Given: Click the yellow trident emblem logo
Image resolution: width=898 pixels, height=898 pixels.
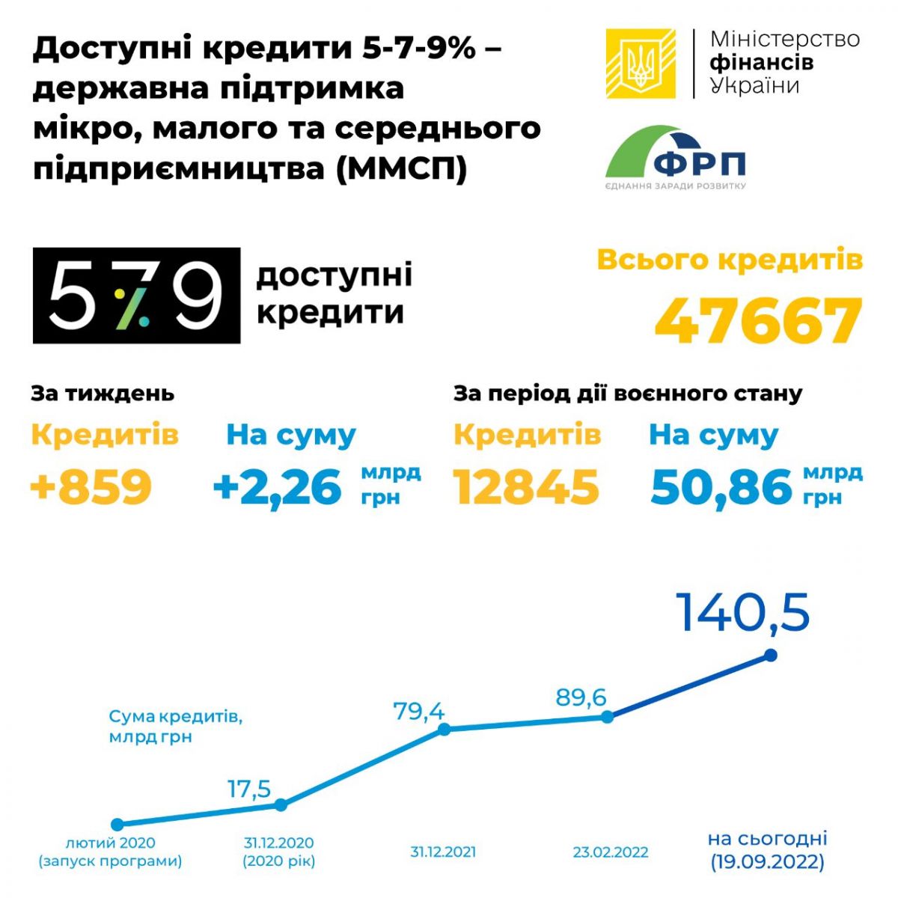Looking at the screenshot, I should [641, 64].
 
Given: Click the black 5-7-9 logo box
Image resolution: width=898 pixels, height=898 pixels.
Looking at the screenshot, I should [136, 296].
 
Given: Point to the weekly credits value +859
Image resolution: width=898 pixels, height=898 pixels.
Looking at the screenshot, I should [91, 486].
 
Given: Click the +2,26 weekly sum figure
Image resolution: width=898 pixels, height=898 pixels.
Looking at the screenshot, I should [278, 487].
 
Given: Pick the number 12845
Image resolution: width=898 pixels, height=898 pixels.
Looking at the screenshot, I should [527, 487].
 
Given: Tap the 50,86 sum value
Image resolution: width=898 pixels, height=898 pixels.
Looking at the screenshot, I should [721, 487].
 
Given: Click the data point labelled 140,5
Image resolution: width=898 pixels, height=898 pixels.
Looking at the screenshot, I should [771, 656].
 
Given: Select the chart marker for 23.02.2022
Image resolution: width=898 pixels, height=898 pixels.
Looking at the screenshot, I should [608, 716].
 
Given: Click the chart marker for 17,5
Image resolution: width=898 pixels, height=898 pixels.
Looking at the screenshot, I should [281, 805].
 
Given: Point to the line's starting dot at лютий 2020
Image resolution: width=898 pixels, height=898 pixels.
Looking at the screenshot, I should [116, 824].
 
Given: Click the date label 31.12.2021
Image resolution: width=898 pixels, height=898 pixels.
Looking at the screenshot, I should [443, 852].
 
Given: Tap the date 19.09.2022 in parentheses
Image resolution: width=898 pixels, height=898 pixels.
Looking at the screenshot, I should [768, 862].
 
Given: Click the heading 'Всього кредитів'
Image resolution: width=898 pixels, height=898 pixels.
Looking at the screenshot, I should [730, 260].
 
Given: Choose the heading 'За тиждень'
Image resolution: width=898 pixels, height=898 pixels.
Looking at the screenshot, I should [103, 393].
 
